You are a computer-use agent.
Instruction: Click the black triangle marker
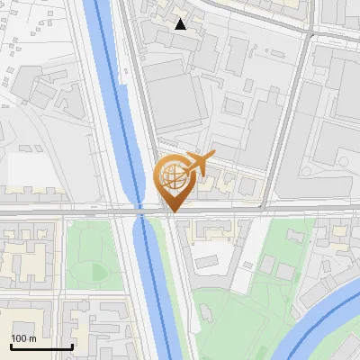[181, 24]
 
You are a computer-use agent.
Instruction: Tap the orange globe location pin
[172, 179]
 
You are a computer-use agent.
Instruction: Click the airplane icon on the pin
[199, 163]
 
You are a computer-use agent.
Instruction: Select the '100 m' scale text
[23, 337]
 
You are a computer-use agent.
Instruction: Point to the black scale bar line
[41, 346]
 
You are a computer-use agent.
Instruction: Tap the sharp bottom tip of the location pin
[172, 211]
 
